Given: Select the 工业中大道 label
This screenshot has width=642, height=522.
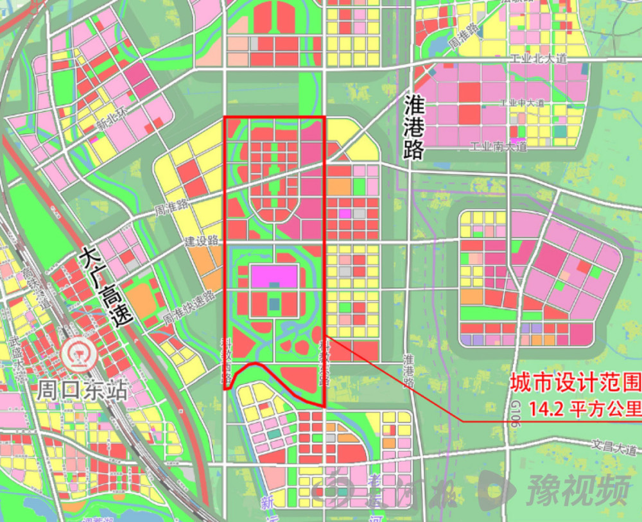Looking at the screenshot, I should (x=522, y=103).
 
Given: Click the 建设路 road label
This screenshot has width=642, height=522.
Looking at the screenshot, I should (x=202, y=241).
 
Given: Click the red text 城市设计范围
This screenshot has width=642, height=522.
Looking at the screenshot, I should (x=575, y=383).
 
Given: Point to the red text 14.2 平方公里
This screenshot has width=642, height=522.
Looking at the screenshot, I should (x=584, y=408).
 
